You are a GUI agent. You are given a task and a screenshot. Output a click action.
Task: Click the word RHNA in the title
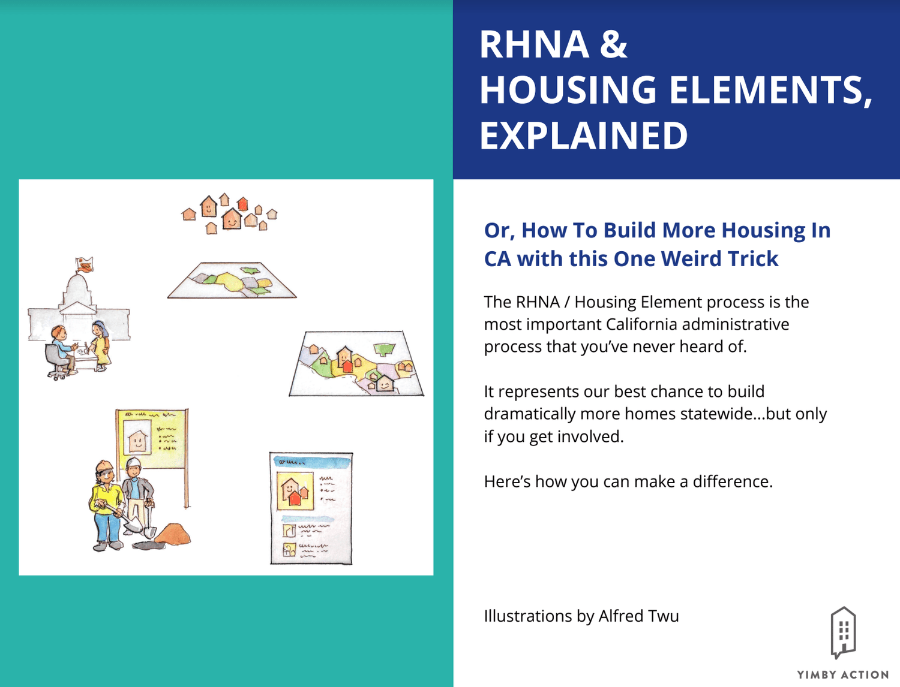534,45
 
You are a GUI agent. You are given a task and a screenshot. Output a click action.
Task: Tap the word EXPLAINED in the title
583,136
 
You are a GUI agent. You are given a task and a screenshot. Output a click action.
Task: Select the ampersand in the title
613,45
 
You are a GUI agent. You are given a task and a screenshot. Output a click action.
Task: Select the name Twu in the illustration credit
664,616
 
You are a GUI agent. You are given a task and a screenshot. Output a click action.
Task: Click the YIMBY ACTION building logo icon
842,632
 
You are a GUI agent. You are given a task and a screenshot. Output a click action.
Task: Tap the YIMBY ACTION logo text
842,675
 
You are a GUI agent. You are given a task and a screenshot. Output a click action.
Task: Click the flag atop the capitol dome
85,264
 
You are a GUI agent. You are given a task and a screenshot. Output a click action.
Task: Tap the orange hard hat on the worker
104,466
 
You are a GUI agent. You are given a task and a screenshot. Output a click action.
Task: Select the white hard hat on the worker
134,462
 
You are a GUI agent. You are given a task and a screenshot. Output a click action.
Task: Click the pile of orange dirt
174,534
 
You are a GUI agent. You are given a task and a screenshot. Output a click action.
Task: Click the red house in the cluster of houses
242,204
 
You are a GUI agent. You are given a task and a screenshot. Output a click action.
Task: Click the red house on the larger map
346,364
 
